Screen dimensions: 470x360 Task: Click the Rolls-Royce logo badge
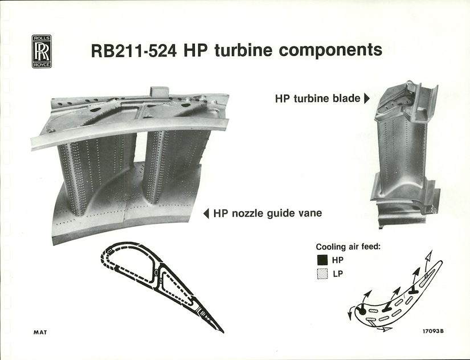42,51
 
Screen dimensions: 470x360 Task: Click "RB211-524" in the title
133,51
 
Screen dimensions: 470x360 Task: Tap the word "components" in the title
330,51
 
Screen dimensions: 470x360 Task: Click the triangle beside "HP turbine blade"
366,99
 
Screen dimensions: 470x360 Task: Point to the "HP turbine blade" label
317,99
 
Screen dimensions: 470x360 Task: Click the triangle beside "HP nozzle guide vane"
206,214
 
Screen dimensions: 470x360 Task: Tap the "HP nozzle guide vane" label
267,213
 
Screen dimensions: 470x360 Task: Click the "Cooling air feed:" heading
348,247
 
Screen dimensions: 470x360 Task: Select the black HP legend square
322,260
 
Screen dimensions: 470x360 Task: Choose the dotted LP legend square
322,274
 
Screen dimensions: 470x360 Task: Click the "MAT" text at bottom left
40,332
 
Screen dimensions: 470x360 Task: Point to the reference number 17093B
433,331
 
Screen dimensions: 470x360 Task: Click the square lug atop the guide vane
158,91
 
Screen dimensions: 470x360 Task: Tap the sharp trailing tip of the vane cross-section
222,332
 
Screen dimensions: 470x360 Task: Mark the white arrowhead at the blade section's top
430,255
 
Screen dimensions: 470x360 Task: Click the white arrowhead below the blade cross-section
387,329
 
